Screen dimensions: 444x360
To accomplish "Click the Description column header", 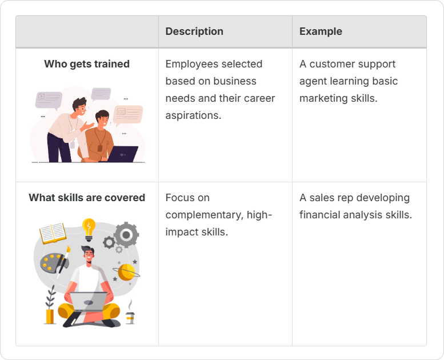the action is pyautogui.click(x=194, y=31).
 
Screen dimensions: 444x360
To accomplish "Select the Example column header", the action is pyautogui.click(x=321, y=31).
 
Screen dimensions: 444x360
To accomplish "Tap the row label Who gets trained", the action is pyautogui.click(x=87, y=64).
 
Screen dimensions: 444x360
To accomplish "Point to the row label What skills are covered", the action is pyautogui.click(x=87, y=197).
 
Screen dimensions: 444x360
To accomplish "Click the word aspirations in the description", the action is pyautogui.click(x=193, y=115).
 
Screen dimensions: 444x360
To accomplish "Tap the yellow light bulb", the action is pyautogui.click(x=89, y=229).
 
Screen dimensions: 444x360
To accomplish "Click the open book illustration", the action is pyautogui.click(x=53, y=233).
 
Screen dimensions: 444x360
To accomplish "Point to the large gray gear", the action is pyautogui.click(x=126, y=235).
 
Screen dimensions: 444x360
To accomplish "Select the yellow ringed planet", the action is pyautogui.click(x=126, y=272).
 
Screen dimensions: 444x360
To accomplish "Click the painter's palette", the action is pyautogui.click(x=54, y=263).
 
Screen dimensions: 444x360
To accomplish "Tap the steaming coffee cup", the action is pyautogui.click(x=130, y=315).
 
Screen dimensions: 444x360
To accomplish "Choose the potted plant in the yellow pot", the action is pyautogui.click(x=50, y=306).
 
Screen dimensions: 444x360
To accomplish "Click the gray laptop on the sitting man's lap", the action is pyautogui.click(x=89, y=301).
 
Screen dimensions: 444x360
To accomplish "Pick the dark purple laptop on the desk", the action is pyautogui.click(x=122, y=154).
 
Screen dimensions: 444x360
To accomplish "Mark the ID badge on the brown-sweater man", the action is pyautogui.click(x=99, y=148).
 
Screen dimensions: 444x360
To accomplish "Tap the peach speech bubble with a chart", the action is pyautogui.click(x=128, y=114).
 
